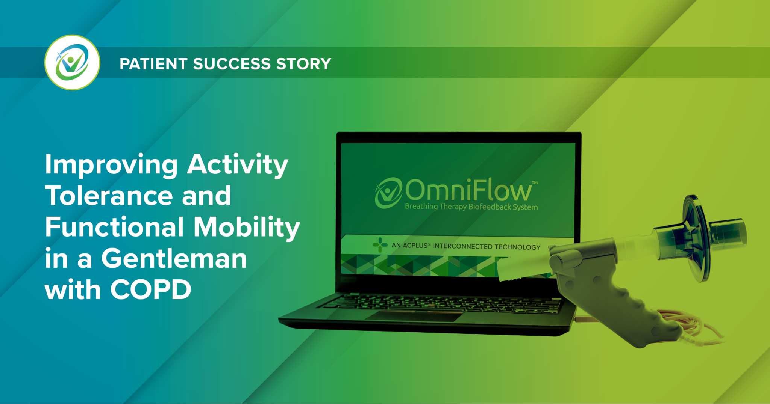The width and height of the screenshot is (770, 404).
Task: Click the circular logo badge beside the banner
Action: (72, 62)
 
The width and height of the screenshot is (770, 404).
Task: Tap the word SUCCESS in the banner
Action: (232, 64)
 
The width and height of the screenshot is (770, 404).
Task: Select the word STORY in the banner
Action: (303, 64)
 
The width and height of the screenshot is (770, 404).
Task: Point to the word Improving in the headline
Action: (111, 165)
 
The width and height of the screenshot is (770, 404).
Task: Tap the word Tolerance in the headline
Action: (109, 196)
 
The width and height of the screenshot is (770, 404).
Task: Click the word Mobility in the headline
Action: (247, 228)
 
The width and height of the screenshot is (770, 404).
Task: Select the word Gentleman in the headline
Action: (174, 259)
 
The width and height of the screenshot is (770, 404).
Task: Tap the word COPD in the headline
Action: (150, 290)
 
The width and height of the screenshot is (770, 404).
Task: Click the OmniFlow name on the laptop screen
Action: (468, 190)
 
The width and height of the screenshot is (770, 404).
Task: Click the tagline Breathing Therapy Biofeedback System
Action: (471, 207)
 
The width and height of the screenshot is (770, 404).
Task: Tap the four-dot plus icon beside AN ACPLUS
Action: (380, 245)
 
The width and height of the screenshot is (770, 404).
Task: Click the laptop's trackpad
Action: (415, 316)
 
